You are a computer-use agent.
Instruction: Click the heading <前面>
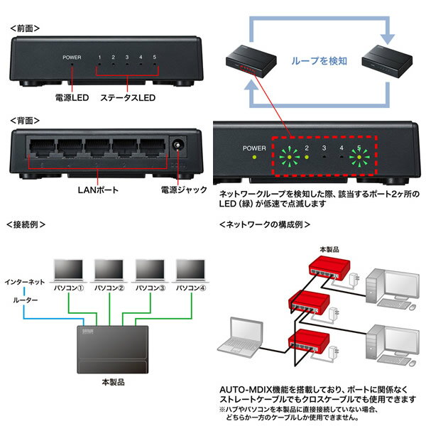pyautogui.click(x=26, y=28)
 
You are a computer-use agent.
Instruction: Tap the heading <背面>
pyautogui.click(x=26, y=121)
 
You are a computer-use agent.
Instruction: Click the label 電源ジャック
pyautogui.click(x=184, y=190)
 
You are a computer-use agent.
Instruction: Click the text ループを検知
pyautogui.click(x=319, y=62)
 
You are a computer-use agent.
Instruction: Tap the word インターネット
pyautogui.click(x=26, y=282)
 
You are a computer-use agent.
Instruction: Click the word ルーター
pyautogui.click(x=26, y=300)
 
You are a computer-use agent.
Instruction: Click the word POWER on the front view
pyautogui.click(x=72, y=57)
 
